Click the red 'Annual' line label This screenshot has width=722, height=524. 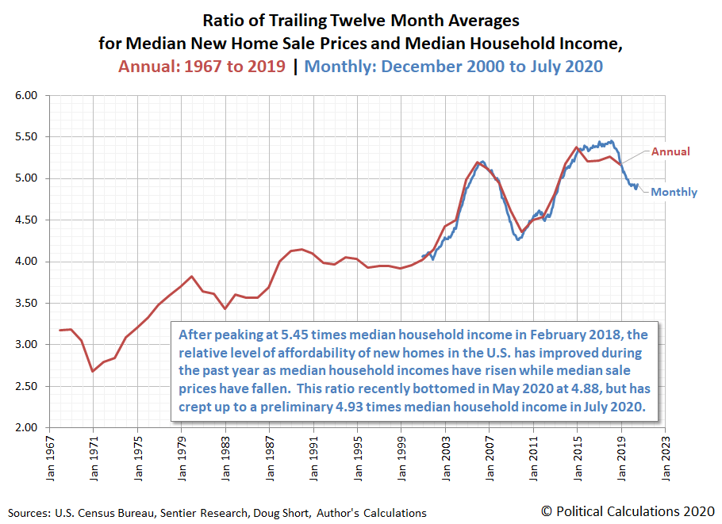point(670,151)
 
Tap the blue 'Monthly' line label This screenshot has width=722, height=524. point(674,192)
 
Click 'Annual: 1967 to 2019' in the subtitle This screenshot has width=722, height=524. point(202,66)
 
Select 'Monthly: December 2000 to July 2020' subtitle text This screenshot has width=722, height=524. point(453,66)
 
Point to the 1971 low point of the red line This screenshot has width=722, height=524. point(93,371)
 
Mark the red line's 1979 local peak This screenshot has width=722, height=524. point(191,277)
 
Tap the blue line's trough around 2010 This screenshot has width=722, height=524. point(519,239)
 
